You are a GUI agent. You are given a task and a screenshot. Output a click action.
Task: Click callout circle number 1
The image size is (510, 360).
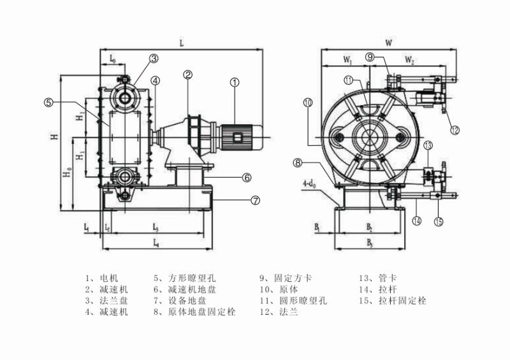click(x=235, y=82)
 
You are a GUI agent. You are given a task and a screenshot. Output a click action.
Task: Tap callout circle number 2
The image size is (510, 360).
click(x=187, y=75)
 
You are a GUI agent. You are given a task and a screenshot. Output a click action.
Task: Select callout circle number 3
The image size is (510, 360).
click(x=154, y=59)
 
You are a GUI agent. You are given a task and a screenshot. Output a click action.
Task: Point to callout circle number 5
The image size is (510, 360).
click(x=48, y=101)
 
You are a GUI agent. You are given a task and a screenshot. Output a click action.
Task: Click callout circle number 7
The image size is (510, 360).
click(x=256, y=200)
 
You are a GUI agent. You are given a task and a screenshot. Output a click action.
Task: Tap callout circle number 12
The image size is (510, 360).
click(x=455, y=130)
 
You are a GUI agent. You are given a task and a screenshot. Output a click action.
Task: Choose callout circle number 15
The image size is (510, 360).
click(x=439, y=222)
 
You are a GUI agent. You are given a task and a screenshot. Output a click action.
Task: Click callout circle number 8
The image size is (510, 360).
click(x=297, y=163)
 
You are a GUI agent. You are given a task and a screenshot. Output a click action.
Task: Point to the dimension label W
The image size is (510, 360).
click(x=388, y=43)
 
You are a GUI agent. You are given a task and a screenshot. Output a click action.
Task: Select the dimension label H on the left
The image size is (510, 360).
click(x=55, y=136)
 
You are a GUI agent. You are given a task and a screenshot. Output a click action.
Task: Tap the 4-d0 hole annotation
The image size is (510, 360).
click(x=309, y=184)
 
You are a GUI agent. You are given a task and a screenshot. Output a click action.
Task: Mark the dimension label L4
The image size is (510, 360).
click(x=156, y=243)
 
